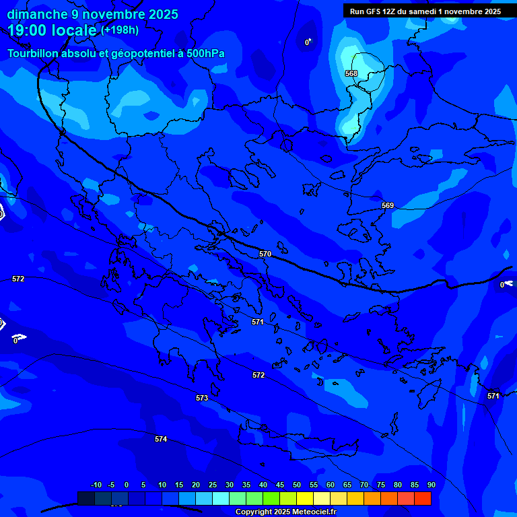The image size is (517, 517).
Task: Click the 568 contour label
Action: [x=351, y=73]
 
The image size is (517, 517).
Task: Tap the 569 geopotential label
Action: [x=388, y=205]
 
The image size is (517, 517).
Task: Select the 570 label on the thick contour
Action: [x=265, y=254]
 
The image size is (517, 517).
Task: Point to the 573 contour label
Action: [x=202, y=398]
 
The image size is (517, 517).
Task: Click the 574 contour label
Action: [x=161, y=439]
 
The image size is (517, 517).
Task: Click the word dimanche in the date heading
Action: [x=36, y=14]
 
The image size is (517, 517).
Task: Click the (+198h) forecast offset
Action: [x=120, y=30]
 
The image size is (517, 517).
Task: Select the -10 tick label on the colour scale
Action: [x=96, y=485]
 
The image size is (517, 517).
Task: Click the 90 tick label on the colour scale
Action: [x=431, y=485]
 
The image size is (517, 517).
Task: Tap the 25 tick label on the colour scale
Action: [x=212, y=485]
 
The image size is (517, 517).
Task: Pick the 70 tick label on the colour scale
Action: [x=364, y=485]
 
